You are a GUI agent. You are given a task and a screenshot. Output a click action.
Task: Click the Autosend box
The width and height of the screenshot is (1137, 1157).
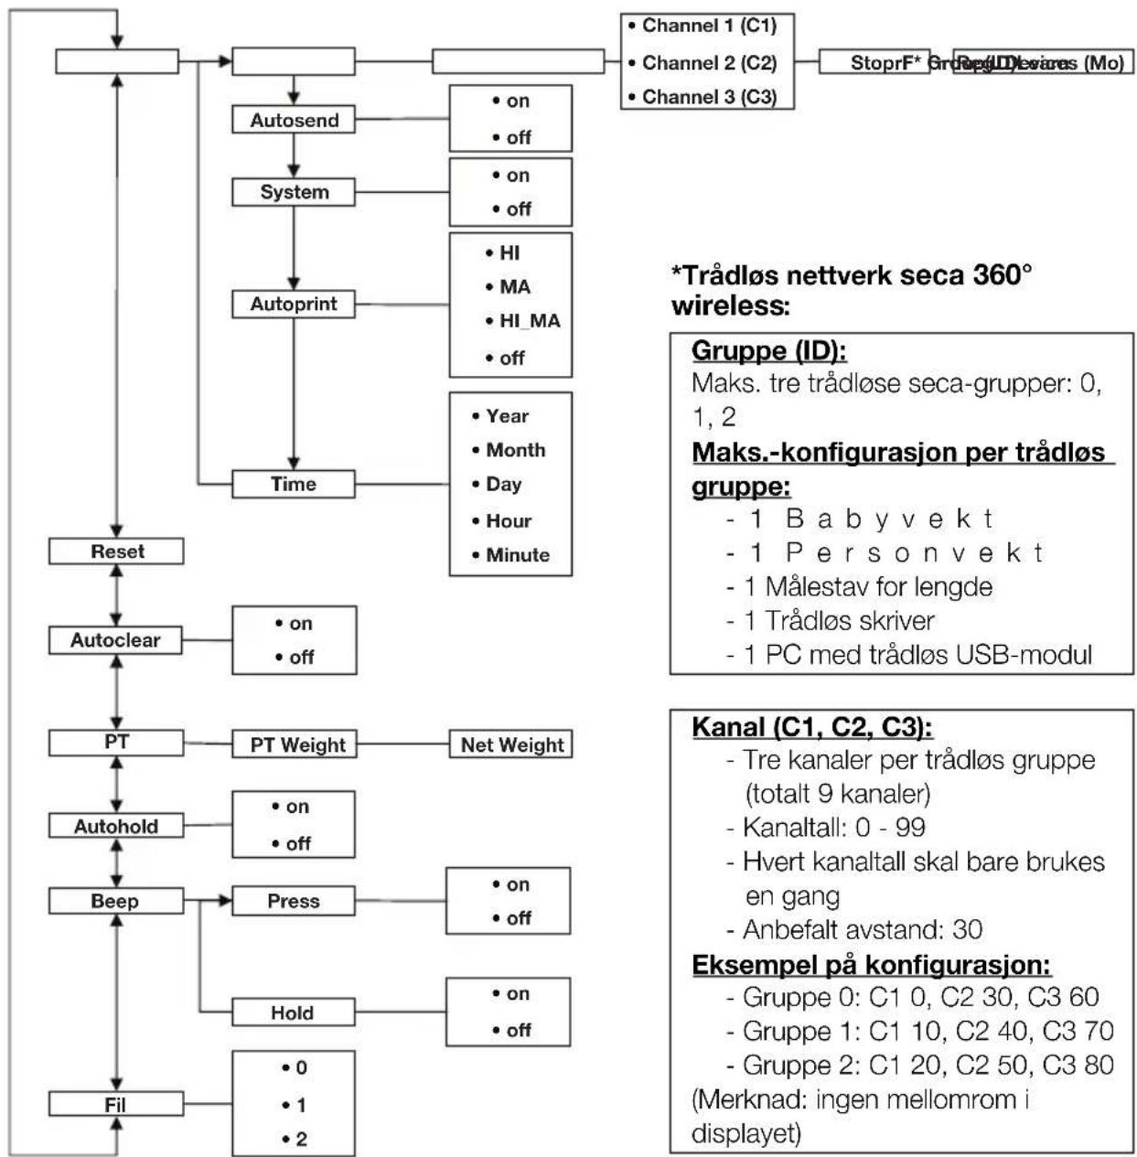[x=294, y=120]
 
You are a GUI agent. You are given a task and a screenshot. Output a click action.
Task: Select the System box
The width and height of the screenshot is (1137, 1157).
[x=294, y=192]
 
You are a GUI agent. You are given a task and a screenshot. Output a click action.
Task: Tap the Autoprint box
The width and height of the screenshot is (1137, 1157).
[x=294, y=304]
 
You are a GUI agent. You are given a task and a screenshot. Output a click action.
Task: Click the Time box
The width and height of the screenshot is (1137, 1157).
[x=294, y=484]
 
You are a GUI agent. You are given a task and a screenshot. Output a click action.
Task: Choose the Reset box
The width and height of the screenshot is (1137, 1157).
[x=116, y=552]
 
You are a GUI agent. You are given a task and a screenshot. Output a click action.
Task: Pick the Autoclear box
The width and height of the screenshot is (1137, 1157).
[x=115, y=640]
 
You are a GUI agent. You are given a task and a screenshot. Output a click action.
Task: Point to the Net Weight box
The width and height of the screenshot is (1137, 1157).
[x=511, y=745]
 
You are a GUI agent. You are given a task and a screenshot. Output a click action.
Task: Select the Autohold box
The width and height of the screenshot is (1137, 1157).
[x=116, y=826]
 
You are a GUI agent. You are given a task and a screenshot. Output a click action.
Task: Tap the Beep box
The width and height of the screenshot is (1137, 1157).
[x=115, y=901]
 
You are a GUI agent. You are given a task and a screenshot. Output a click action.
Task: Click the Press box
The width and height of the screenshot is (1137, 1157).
[x=293, y=901]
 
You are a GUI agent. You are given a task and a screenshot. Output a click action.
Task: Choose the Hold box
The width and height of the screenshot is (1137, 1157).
[x=293, y=1012]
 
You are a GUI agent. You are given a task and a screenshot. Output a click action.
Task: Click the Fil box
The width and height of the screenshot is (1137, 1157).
[x=115, y=1105]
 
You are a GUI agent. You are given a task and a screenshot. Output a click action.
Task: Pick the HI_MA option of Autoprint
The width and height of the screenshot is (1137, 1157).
[x=530, y=321]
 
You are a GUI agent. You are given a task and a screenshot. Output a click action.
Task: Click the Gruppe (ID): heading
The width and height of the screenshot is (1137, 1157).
[x=768, y=350]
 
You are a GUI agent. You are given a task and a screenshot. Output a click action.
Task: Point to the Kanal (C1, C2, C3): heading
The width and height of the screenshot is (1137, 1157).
[x=811, y=727]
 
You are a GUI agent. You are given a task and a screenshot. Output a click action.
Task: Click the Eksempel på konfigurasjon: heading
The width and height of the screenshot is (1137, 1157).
[x=871, y=965]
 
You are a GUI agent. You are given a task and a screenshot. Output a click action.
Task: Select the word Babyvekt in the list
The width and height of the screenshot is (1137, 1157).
[x=888, y=519]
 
